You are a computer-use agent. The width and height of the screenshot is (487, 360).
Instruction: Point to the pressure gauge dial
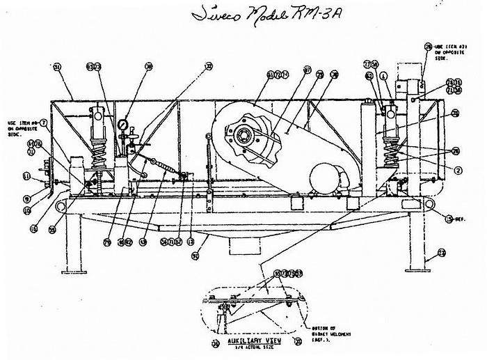pyautogui.click(x=123, y=125)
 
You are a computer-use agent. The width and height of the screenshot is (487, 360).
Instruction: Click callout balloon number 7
pyautogui.click(x=44, y=123)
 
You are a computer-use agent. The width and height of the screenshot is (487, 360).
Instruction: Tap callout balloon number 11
pyautogui.click(x=26, y=175)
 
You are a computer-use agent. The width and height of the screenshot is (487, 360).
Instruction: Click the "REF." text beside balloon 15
pyautogui.click(x=461, y=219)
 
